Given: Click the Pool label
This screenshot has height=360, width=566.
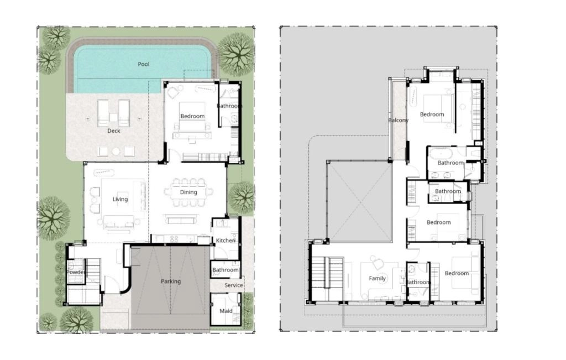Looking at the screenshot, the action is coord(143,64).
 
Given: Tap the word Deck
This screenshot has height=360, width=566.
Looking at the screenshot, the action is coord(114,131).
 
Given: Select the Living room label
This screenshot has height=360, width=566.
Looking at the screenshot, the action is coord(120,199).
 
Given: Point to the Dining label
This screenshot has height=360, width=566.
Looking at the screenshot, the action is coord(188,192).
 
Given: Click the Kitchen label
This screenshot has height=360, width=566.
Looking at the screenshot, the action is coord(226,241).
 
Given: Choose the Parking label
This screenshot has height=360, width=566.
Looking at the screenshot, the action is coord(171,281).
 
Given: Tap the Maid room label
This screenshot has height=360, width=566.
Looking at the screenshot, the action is coord(226,311).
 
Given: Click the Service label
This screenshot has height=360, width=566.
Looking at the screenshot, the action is coord(234,285).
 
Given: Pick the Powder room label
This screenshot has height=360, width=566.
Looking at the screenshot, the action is coord(76,272).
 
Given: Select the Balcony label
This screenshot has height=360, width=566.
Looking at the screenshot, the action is coord(399,120).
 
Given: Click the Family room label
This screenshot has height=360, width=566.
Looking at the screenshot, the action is coord(377,278).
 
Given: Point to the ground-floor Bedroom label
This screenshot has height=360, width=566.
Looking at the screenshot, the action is coord(192,116).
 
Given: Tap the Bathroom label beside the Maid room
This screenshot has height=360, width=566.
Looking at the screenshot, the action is coord(226,270).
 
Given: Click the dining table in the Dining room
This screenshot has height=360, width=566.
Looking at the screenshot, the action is coord(188,192).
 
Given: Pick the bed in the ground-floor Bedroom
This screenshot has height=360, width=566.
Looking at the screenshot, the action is coord(192,116).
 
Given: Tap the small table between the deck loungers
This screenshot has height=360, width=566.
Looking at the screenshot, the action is coord(113,117).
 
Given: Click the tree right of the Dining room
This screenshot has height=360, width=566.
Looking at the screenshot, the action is coord(242,197).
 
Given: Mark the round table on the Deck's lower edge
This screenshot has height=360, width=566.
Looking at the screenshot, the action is coord(116,152).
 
